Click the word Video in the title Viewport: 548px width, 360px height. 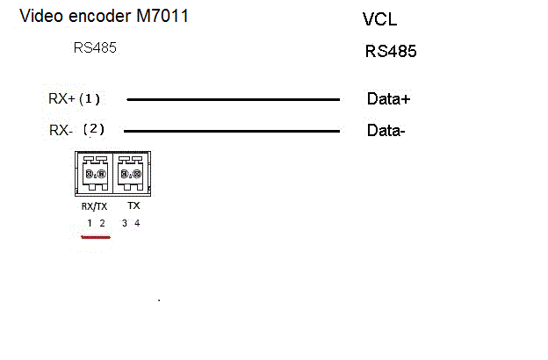pos(41,16)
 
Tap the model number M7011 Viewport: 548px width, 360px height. pos(162,16)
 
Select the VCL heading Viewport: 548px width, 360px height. pos(380,19)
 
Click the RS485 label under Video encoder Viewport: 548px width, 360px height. pos(95,48)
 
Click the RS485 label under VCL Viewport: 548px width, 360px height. pos(391,51)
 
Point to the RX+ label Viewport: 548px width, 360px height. pos(61,98)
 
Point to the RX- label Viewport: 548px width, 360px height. pos(61,130)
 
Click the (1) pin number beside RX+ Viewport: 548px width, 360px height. pos(90,99)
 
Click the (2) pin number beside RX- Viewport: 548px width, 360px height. pos(94,129)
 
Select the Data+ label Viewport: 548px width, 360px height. pos(389,99)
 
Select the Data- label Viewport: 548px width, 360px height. pos(386,130)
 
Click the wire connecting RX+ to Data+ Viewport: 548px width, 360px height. pos(233,99)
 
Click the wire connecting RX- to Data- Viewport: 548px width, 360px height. pos(232,131)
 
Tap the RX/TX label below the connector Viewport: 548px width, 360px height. pos(94,206)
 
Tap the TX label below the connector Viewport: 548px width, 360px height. pos(133,205)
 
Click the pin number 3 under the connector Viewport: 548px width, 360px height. pos(125,223)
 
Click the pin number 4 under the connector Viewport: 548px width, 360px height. pos(137,223)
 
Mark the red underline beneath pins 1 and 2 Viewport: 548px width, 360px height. pos(96,237)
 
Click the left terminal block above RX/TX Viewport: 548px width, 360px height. pos(95,173)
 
